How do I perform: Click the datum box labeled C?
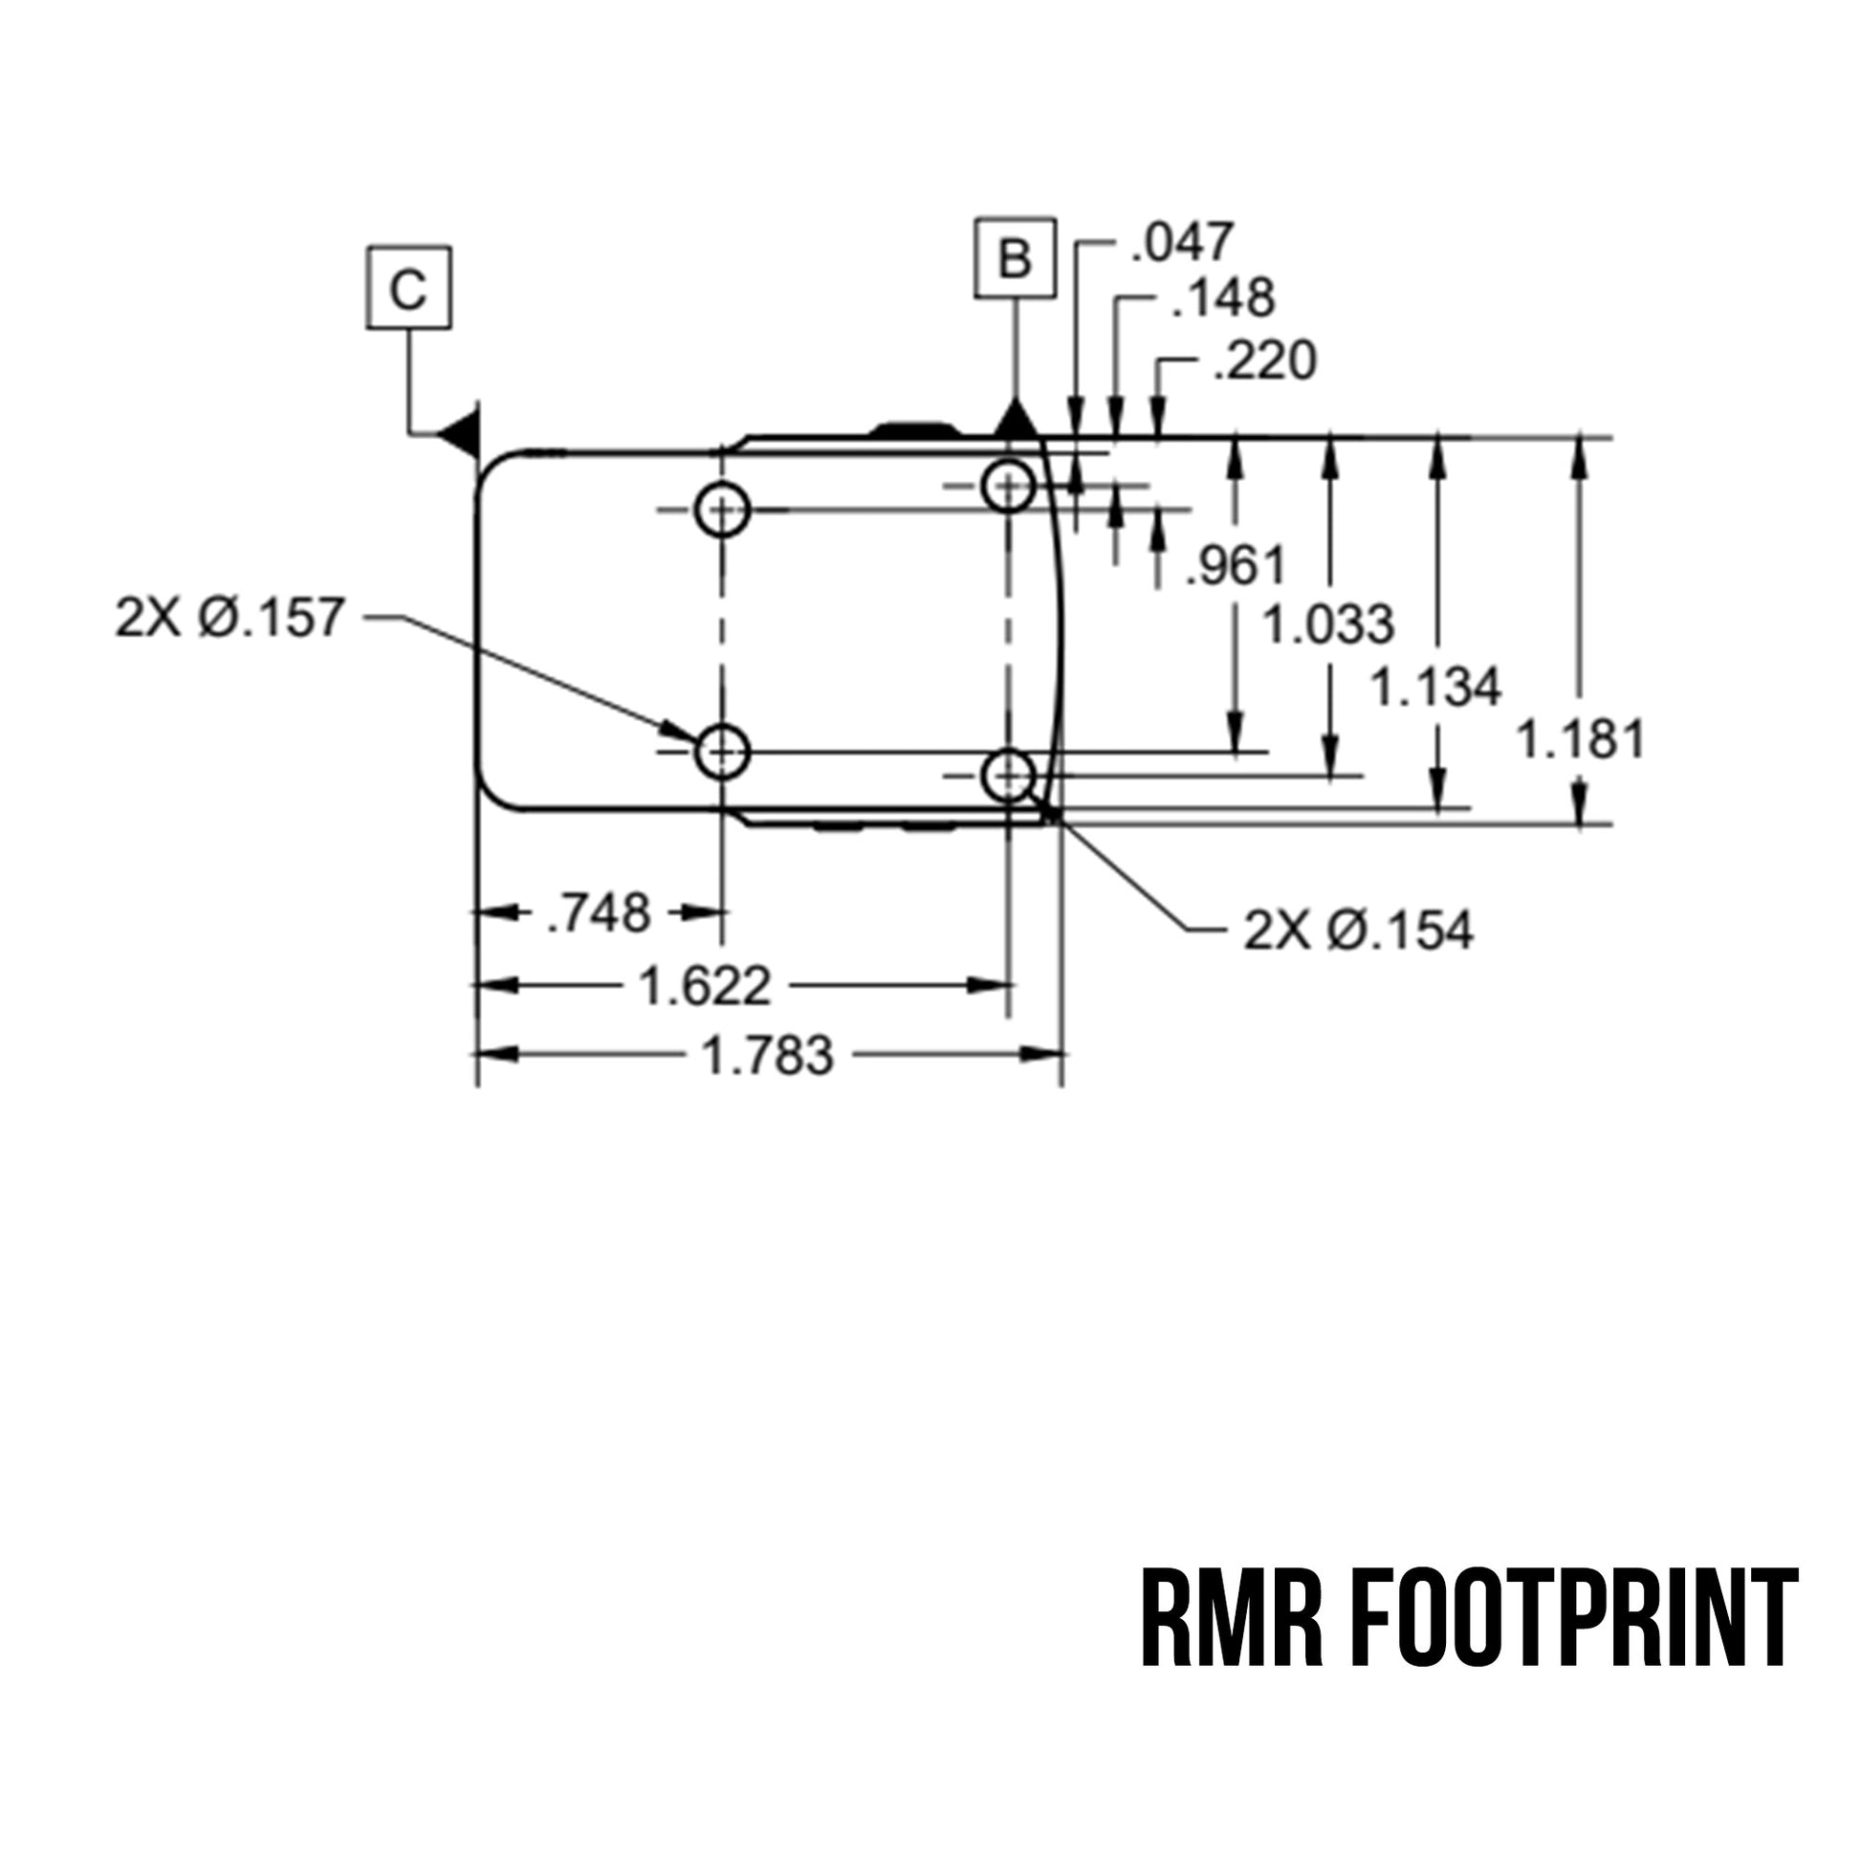click(408, 287)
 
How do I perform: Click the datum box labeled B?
click(1016, 258)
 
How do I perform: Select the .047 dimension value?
click(1182, 242)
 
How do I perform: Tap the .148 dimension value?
click(1223, 297)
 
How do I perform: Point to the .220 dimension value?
click(1265, 361)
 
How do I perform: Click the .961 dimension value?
click(1236, 565)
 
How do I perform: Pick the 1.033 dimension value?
click(1328, 624)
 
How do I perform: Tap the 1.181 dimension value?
click(1581, 741)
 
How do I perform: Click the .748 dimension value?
click(600, 912)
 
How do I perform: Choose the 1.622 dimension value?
click(705, 986)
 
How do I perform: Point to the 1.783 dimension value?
click(768, 1055)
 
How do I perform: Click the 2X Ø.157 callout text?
click(230, 618)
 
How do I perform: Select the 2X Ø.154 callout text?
click(1358, 930)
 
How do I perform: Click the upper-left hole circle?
click(721, 510)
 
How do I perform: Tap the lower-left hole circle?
click(721, 752)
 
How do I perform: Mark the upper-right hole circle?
click(1009, 486)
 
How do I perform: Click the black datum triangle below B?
click(1016, 420)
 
